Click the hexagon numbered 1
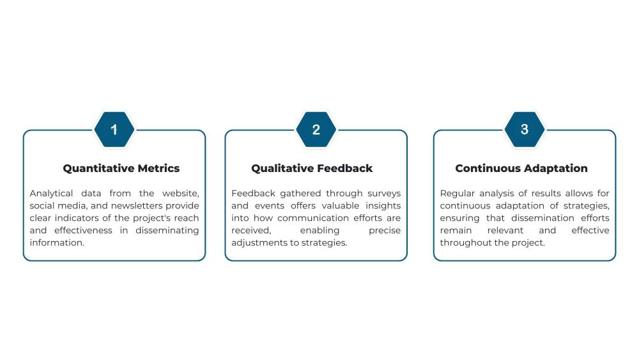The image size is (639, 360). coord(114,130)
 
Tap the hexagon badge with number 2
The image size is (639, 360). coord(316,130)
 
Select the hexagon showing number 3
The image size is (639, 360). coord(524,129)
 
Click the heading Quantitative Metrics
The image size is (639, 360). coord(121,169)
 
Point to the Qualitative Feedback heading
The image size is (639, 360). coord(312,169)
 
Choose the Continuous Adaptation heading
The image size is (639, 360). coord(521,169)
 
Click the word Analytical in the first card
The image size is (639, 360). coord(51,193)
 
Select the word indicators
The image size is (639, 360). coord(75,218)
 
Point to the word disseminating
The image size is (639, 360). coord(167,230)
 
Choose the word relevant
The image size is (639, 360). coord(506,230)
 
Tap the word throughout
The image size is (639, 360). coord(466,243)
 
